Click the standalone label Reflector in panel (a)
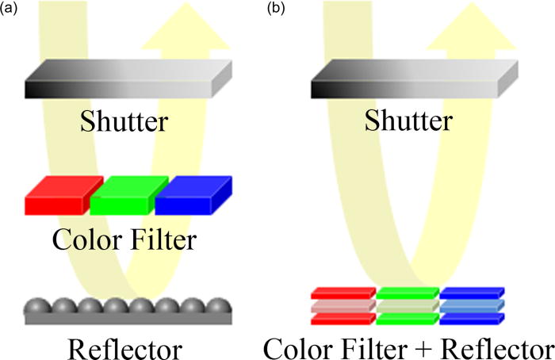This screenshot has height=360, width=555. tap(124, 348)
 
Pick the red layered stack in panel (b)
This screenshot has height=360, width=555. tap(342, 306)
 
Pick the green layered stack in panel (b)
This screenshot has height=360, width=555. tap(407, 306)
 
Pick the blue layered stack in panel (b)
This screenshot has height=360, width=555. tap(470, 306)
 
